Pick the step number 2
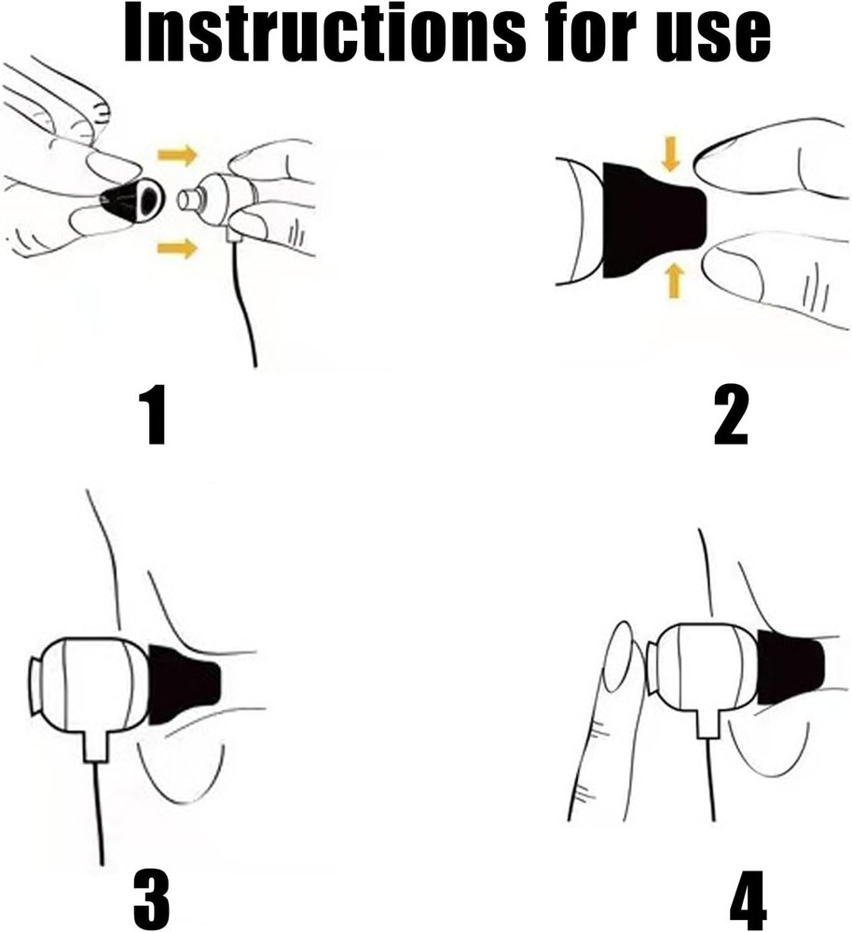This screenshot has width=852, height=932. pos(731,415)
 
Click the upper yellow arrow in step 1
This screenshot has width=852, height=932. pos(177,155)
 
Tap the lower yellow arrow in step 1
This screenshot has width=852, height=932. pos(177,247)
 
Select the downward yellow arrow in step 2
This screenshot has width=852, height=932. pos(671,154)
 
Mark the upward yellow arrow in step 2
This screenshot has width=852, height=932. pos(674,281)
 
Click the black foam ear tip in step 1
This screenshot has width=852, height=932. pos(132,200)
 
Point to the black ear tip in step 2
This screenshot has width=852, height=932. pos(653,220)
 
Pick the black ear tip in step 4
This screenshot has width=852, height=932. pos(790,667)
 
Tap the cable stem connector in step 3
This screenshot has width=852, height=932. pos(96,747)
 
